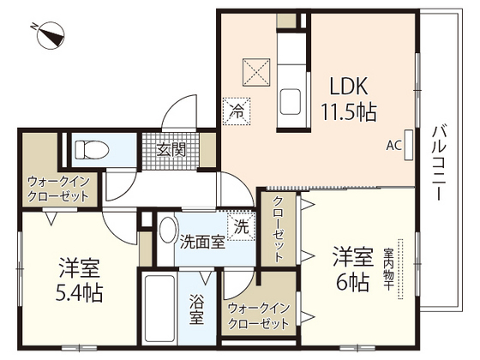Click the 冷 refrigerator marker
[237, 110]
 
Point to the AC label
[394, 145]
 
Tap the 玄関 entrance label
[171, 149]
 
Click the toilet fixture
[92, 151]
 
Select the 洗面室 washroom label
[201, 242]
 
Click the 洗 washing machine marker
[242, 227]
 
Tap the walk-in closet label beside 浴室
[257, 315]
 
